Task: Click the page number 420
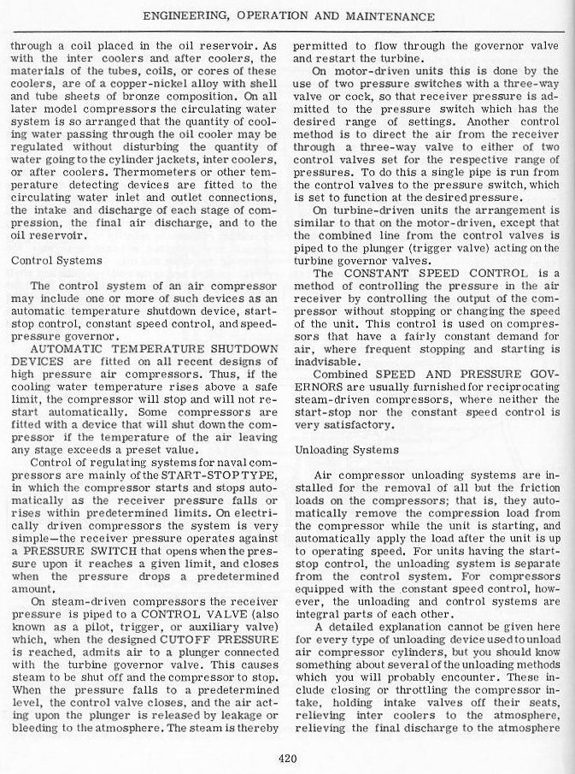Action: pyautogui.click(x=287, y=755)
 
